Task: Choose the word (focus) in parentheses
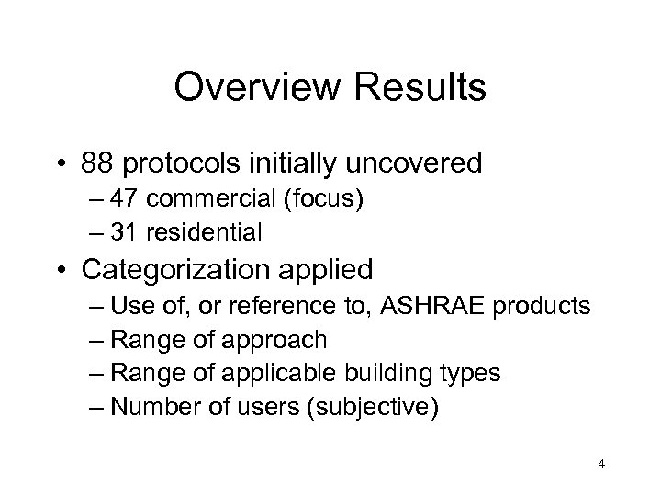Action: click(x=329, y=202)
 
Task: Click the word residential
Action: click(x=216, y=233)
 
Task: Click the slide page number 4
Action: click(x=600, y=465)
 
